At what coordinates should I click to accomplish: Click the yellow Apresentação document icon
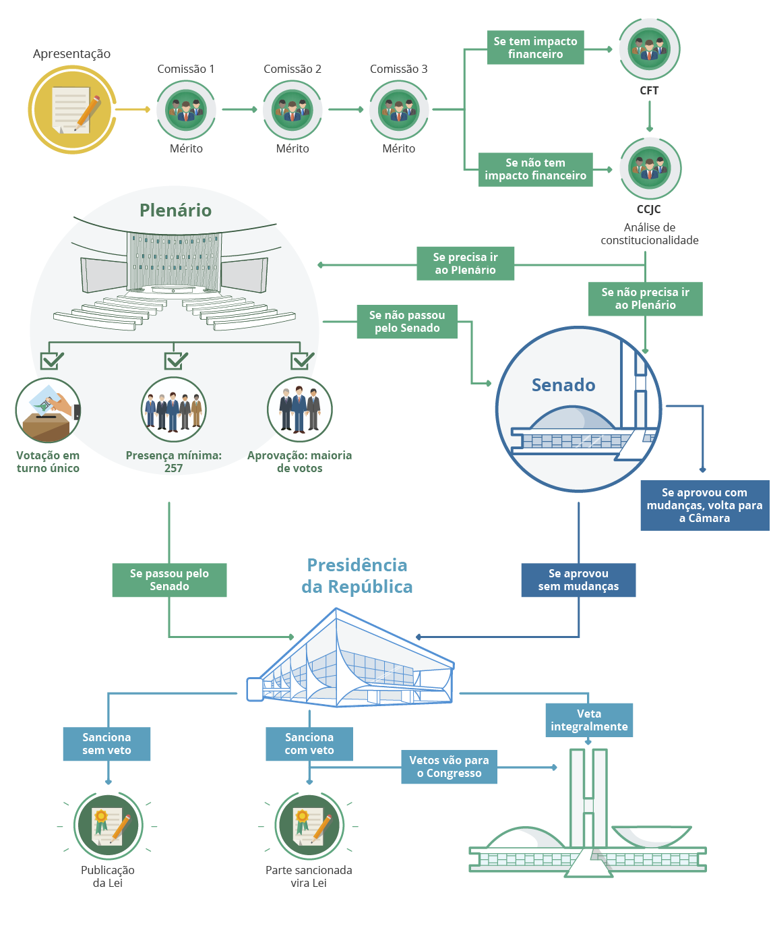[x=72, y=110]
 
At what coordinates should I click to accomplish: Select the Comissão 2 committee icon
[x=292, y=110]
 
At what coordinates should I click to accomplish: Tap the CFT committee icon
[x=649, y=49]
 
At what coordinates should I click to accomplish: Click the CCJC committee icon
[x=650, y=168]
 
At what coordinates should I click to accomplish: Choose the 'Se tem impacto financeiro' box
[x=535, y=48]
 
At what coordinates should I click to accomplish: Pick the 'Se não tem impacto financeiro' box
[x=535, y=169]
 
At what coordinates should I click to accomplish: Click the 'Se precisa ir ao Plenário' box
[x=465, y=264]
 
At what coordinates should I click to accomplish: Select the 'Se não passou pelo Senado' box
[x=407, y=322]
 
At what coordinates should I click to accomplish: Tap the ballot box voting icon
[x=48, y=410]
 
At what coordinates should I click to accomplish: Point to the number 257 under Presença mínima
[x=173, y=468]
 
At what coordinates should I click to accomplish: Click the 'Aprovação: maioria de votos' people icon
[x=299, y=410]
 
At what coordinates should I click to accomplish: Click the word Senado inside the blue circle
[x=563, y=385]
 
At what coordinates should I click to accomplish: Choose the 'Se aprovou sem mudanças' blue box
[x=578, y=580]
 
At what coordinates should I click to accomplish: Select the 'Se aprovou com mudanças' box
[x=704, y=505]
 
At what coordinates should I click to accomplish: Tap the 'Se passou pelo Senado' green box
[x=169, y=580]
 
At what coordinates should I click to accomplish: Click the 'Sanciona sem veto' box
[x=106, y=744]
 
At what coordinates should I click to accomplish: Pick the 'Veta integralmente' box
[x=589, y=720]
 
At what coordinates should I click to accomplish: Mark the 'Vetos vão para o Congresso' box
[x=449, y=767]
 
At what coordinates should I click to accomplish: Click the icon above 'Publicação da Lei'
[x=108, y=826]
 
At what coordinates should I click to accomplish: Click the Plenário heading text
[x=175, y=210]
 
